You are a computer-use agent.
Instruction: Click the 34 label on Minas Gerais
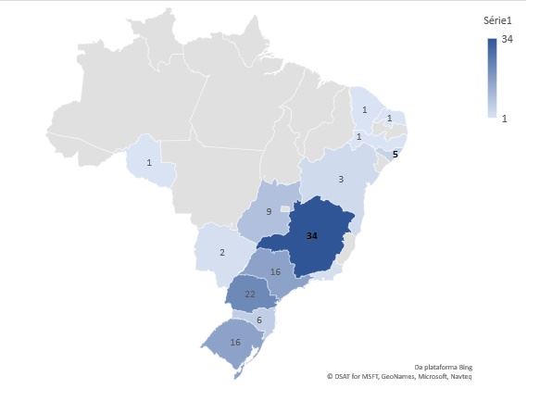tap(312, 236)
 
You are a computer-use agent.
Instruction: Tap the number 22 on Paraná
tap(250, 294)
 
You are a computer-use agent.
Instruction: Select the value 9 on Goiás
tap(268, 211)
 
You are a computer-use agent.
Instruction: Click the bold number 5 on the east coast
tap(395, 155)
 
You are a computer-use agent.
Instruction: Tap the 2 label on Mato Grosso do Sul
tap(221, 251)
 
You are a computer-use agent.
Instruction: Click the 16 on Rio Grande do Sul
tap(235, 342)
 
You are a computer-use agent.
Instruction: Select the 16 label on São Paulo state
tap(275, 271)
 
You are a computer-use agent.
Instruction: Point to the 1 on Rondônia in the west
tap(149, 163)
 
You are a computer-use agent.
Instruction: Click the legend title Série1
tap(498, 20)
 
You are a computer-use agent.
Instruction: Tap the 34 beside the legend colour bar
tap(507, 39)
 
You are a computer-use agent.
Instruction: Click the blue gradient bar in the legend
tap(491, 78)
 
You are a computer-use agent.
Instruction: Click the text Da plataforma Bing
tap(443, 367)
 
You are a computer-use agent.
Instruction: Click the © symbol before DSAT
tap(330, 377)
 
